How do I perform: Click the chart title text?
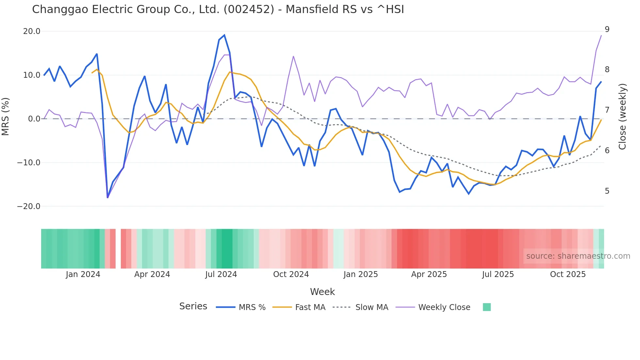(x=218, y=9)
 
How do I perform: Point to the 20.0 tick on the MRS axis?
(x=32, y=31)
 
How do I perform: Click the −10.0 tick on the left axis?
(x=29, y=162)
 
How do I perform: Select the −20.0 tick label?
(x=29, y=206)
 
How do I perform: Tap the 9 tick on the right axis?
(x=607, y=29)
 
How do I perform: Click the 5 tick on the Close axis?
(x=607, y=191)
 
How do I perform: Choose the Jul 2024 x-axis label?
(x=221, y=274)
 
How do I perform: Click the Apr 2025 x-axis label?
(x=429, y=274)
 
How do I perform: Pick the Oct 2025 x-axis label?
(x=568, y=274)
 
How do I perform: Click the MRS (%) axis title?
(x=6, y=116)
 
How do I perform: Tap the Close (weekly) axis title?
(x=623, y=116)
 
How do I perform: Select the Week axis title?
(x=322, y=292)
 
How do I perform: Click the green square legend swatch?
(x=487, y=307)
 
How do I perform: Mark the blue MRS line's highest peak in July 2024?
(x=224, y=35)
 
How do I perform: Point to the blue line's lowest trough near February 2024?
(x=107, y=197)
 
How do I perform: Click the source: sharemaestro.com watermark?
(x=578, y=256)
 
